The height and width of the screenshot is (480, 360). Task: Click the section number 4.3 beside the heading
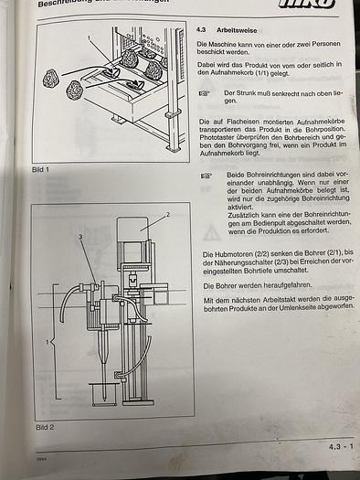click(203, 29)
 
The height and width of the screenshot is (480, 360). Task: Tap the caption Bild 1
click(41, 170)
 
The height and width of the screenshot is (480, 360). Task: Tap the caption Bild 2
click(45, 426)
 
